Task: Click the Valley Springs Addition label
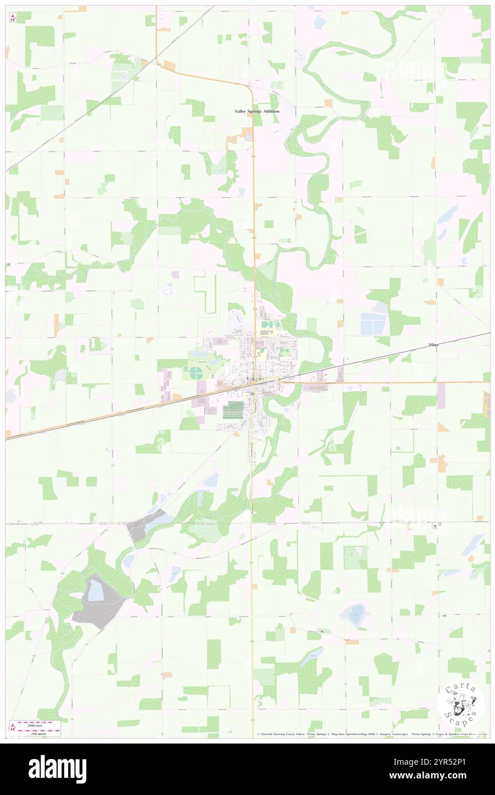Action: pos(257,111)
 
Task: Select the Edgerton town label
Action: pos(256,379)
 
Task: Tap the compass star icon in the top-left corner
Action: pos(13,17)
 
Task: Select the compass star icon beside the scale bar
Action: pos(13,728)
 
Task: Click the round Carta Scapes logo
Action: pos(461,704)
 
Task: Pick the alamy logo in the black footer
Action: pos(57,768)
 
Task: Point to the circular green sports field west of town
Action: pos(196,374)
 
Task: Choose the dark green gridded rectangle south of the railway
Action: pos(233,410)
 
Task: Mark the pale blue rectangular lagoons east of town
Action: pos(373,324)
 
